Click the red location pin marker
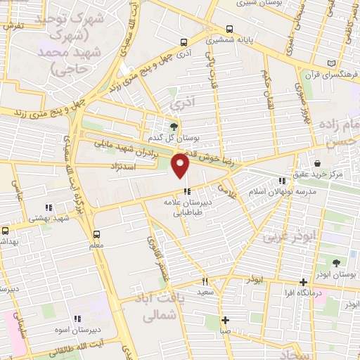point(181,166)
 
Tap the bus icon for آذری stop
point(184,42)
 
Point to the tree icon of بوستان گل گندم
point(174,125)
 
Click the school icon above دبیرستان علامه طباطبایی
point(186,191)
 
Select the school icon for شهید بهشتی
point(49,207)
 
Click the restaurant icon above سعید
point(205,281)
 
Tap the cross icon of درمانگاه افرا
point(303,281)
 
